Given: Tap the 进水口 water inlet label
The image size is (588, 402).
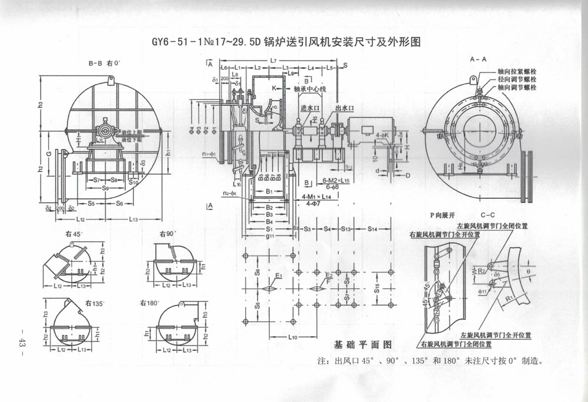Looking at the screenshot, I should (309, 108).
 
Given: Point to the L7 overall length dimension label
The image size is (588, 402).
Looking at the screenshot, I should (273, 61).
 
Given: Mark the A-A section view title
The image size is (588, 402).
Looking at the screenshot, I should (478, 59).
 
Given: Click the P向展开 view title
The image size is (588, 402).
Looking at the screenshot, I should (442, 215).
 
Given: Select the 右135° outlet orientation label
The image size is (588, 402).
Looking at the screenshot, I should (94, 303).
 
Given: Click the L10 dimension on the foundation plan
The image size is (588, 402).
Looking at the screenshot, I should (295, 337).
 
